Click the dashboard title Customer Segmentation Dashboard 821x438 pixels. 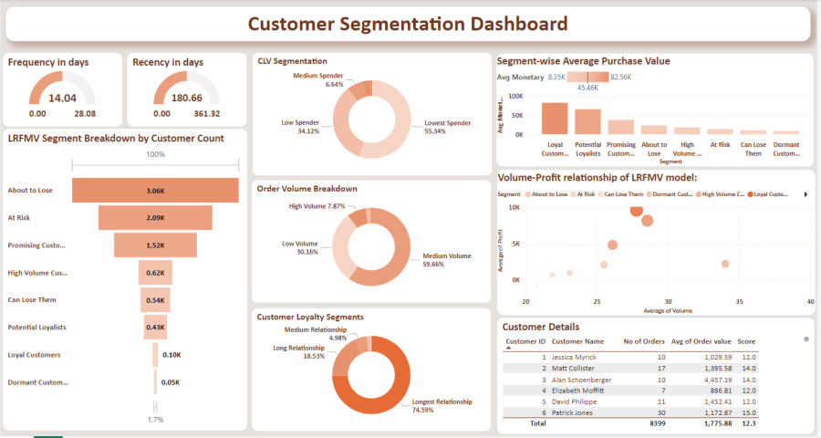tap(407, 24)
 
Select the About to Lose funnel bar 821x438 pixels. tap(155, 190)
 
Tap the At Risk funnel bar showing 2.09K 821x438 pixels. tap(155, 217)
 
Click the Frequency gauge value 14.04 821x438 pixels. tap(62, 98)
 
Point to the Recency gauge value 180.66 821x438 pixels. tap(187, 98)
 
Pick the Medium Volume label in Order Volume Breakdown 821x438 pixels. tap(447, 256)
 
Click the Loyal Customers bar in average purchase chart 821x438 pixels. tap(555, 118)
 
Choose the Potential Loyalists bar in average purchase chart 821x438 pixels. tap(587, 121)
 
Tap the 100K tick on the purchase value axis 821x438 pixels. tap(514, 95)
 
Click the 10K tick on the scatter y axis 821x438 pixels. tap(514, 207)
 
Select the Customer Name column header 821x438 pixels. tap(578, 340)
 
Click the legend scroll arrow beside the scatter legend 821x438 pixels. tap(805, 194)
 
